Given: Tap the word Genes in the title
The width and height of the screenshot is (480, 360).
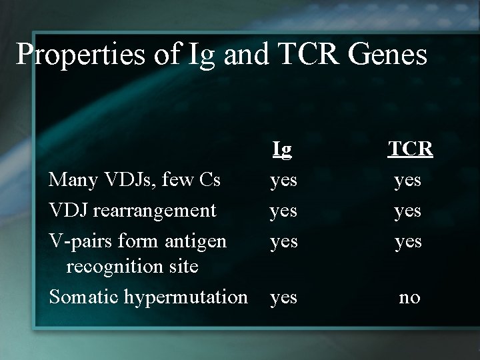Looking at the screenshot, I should [391, 55].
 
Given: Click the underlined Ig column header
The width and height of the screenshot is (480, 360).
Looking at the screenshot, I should [282, 151].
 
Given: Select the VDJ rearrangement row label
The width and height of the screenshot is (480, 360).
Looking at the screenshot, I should [133, 210].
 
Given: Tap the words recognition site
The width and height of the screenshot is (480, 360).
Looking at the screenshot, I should [131, 267].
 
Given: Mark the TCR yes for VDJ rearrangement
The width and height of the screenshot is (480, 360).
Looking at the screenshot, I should [408, 211].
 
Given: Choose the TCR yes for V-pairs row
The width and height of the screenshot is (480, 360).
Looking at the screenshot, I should [408, 241].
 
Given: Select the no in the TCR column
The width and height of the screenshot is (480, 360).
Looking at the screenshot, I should [409, 298].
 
